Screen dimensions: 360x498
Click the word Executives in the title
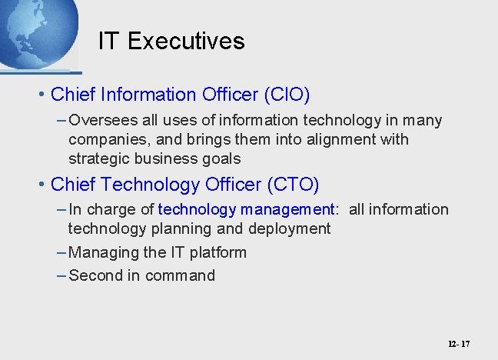tap(186, 41)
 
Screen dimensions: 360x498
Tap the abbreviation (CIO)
tap(287, 95)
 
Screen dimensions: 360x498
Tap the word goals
tap(221, 159)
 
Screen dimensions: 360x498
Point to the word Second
tap(95, 275)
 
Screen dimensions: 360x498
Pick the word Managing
tap(101, 252)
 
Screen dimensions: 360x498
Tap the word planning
tap(186, 228)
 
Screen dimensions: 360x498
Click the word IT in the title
tap(109, 41)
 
